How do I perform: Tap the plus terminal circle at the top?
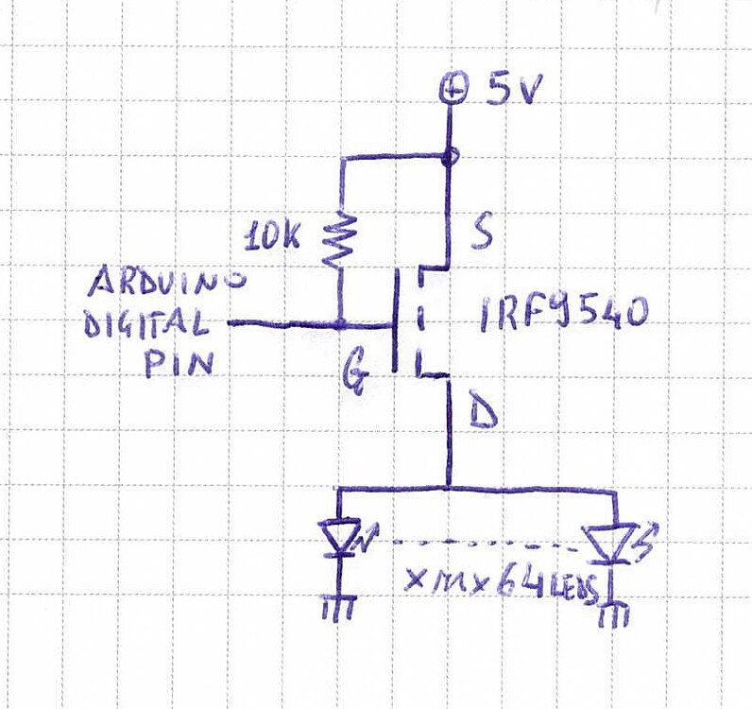(x=454, y=90)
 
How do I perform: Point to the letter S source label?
(x=481, y=233)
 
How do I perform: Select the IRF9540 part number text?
(x=561, y=313)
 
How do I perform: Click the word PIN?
(x=179, y=365)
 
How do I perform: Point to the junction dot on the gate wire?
(x=339, y=325)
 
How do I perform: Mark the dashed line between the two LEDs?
(x=472, y=545)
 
